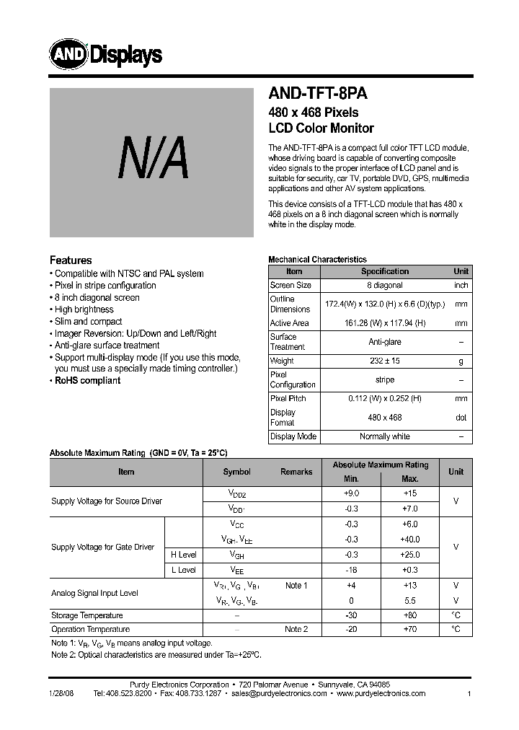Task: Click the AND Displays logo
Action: point(105,53)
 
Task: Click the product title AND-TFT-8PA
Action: point(318,94)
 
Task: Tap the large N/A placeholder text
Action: point(153,161)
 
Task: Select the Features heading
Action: point(71,260)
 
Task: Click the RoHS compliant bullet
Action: point(87,380)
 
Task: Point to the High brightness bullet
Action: point(84,309)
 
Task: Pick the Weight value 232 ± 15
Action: point(384,361)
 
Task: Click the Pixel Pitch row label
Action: point(288,398)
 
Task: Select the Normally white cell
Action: point(384,436)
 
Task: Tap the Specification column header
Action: point(384,271)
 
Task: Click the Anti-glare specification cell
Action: point(384,342)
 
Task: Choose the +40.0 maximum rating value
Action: point(409,540)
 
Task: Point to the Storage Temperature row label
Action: point(87,615)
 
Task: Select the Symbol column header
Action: point(236,472)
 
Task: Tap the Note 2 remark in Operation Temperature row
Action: point(296,629)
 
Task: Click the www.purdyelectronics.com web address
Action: point(381,693)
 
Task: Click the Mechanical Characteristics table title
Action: point(317,259)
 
